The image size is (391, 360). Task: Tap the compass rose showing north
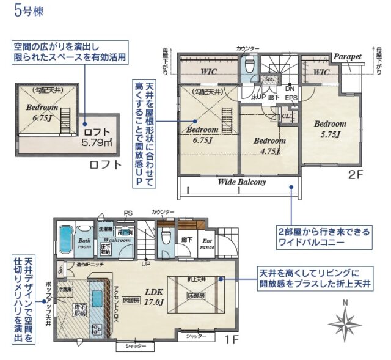coord(345,321)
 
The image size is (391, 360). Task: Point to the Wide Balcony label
coord(241,182)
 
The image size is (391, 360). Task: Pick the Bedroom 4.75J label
coord(269,145)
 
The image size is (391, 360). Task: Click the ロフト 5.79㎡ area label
coord(97,138)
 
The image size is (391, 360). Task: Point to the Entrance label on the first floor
coord(208,243)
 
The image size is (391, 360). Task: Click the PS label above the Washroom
coord(128,213)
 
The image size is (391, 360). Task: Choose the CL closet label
coord(285,116)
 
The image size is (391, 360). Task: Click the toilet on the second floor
coord(249,66)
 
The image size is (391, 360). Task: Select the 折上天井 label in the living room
coord(197,279)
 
